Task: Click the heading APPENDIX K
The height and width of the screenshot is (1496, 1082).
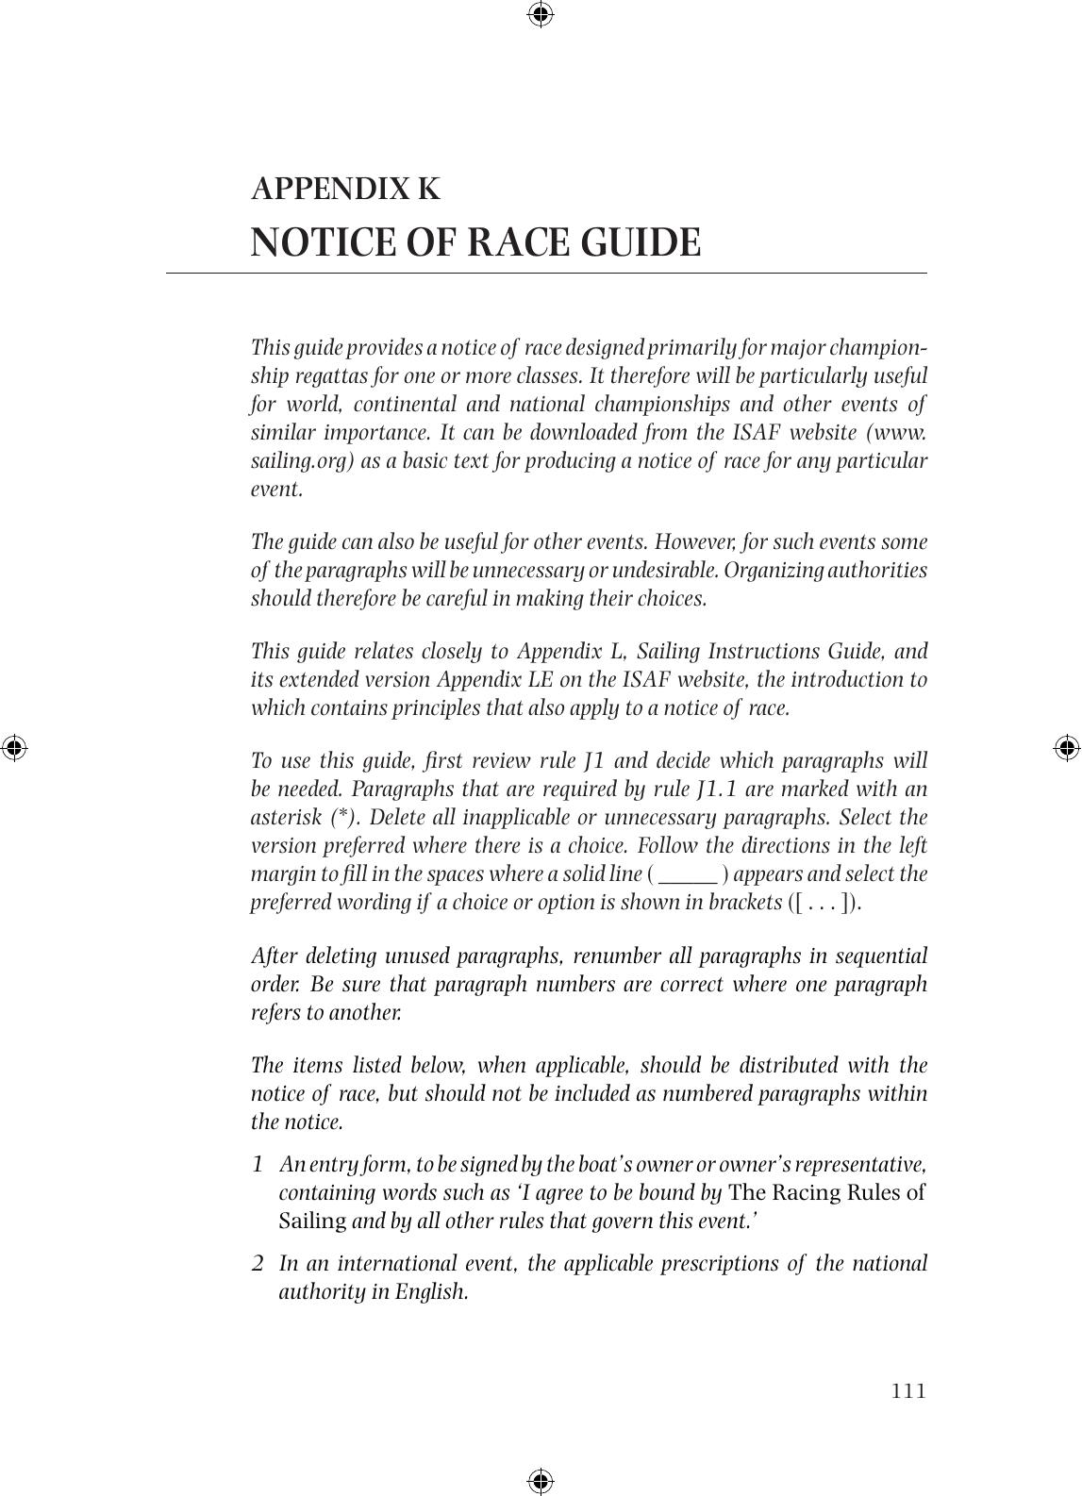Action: coord(345,189)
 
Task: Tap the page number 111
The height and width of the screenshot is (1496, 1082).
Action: coord(908,1390)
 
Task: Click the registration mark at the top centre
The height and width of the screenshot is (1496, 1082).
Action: coord(541,14)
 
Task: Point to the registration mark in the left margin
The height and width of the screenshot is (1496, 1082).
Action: coord(14,748)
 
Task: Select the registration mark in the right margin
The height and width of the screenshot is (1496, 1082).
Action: coord(1067,748)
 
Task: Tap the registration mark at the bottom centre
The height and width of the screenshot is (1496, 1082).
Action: coord(541,1481)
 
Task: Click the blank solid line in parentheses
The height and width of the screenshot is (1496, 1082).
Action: coord(689,875)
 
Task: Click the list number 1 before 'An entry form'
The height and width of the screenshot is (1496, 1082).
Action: coord(258,1164)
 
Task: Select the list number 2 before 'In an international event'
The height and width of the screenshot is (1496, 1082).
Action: coord(258,1263)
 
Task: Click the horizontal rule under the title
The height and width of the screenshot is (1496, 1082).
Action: coord(547,274)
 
